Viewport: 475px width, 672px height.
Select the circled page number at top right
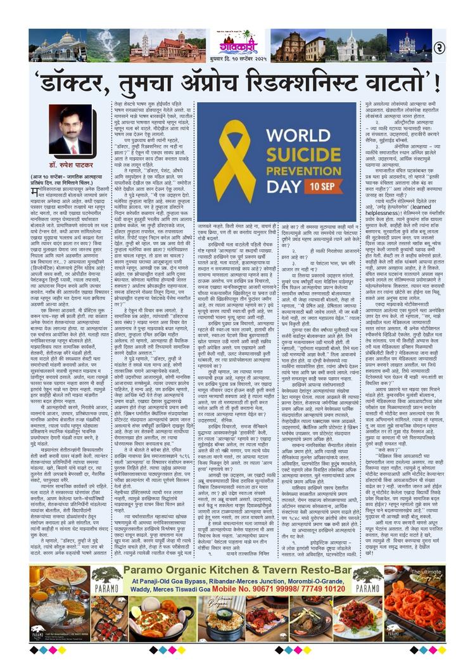coord(439,47)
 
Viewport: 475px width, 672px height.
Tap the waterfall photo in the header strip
coord(106,46)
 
